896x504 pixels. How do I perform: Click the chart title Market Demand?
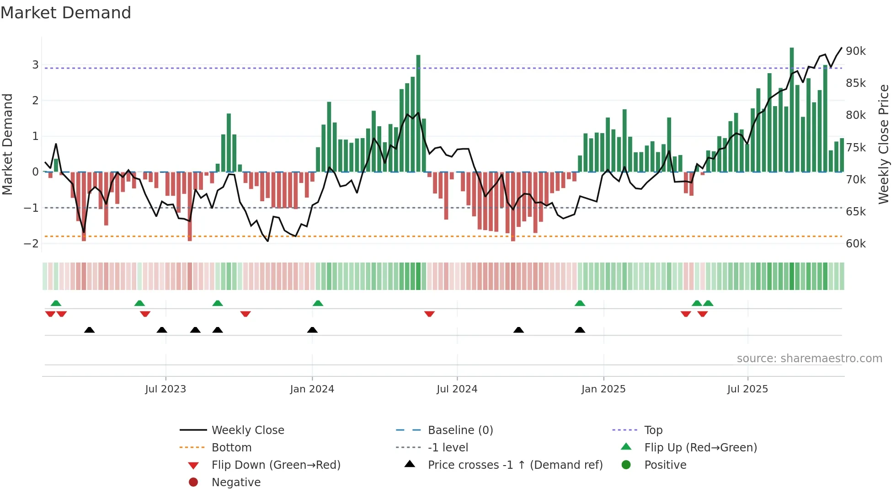[x=66, y=13]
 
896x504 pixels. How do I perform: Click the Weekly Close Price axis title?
[x=884, y=144]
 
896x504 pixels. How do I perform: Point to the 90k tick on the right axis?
[x=855, y=51]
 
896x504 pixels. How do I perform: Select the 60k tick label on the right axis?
[x=855, y=244]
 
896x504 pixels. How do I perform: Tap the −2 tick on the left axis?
[x=31, y=244]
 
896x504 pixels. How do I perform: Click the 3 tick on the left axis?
[x=35, y=65]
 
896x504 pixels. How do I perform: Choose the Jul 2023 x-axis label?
[x=165, y=389]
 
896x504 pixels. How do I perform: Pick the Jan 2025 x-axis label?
[x=603, y=389]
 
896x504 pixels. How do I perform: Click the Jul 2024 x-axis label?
[x=457, y=389]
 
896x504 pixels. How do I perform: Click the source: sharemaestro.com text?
[x=809, y=359]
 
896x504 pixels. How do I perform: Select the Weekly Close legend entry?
[x=247, y=430]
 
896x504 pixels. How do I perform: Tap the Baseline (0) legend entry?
[x=460, y=430]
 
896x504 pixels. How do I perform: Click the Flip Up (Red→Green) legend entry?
[x=700, y=448]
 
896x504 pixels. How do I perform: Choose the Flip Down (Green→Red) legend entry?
[x=276, y=465]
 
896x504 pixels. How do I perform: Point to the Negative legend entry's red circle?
[x=193, y=483]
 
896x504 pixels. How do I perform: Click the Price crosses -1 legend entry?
[x=515, y=465]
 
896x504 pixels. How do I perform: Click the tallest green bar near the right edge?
[x=792, y=110]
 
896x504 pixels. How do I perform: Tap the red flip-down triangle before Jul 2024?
[x=429, y=314]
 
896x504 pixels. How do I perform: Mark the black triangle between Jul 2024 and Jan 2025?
[x=518, y=330]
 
